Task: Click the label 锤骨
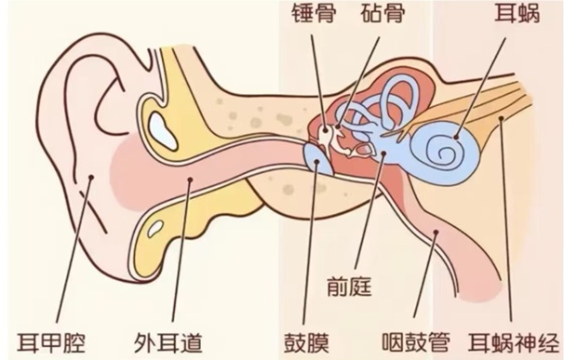pos(314,14)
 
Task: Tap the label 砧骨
pos(383,14)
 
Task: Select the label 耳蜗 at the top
pos(517,14)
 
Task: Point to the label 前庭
pos(349,287)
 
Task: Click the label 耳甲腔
pos(51,342)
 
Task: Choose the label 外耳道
pos(168,342)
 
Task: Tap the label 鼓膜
pos(307,342)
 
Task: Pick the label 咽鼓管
pos(416,342)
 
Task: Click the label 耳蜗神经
pos(515,342)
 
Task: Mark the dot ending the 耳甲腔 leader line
pos(91,177)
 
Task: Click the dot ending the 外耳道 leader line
pos(190,179)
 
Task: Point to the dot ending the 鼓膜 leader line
pos(316,162)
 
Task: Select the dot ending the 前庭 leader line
pos(383,153)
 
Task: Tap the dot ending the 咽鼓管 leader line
pos(436,233)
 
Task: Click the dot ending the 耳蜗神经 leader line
pos(501,118)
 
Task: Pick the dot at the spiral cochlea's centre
pos(456,137)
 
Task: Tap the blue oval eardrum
pos(317,158)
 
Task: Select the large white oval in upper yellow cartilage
pos(163,131)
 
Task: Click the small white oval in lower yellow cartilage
pos(155,229)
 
